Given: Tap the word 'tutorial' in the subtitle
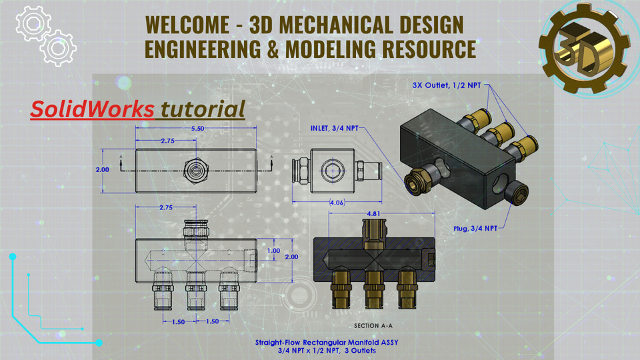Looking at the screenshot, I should click(203, 109).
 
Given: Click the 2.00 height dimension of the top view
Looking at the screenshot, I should click(102, 169).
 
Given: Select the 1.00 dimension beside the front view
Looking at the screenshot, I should click(273, 251).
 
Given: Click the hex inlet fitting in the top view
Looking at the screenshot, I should click(195, 170).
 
